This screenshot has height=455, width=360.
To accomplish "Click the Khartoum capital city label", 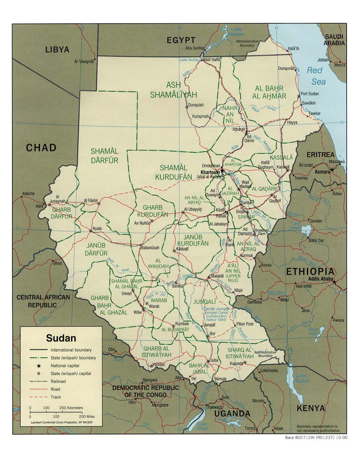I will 210,172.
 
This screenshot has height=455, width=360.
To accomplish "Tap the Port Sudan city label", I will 309,94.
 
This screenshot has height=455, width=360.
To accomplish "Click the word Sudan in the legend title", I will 61,338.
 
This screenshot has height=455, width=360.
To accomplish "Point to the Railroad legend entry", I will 58,381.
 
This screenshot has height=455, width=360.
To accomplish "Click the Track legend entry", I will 56,397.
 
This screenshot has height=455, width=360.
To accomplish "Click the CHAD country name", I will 41,148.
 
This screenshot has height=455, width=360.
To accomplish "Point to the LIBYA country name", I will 57,50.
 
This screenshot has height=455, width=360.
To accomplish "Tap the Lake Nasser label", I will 237,32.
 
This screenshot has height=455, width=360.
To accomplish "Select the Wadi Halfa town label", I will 211,59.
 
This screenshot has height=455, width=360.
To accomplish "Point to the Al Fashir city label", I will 91,200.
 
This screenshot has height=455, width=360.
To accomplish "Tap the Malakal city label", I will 217,275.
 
